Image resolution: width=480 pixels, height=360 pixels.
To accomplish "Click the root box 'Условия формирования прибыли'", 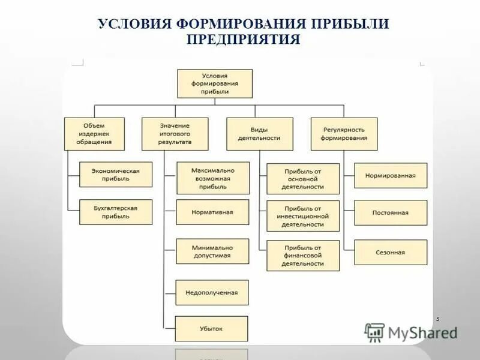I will point(215,83).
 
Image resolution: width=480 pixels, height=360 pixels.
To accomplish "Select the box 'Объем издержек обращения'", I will point(94,133).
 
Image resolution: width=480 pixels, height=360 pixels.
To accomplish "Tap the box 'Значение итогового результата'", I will point(175,133).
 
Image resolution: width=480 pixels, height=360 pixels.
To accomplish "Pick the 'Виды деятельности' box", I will point(260,133).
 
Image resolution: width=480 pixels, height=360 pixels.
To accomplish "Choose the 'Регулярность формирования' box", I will point(344,133).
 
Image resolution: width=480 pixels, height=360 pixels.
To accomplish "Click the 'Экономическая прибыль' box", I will point(116,175).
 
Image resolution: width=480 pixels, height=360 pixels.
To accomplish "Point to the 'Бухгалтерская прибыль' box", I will point(116,212).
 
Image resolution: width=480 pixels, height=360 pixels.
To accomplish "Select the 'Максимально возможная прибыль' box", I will point(212,178).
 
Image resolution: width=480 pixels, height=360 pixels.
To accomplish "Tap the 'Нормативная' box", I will point(212,212).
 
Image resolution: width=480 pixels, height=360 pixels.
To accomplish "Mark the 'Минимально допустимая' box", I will point(212,251).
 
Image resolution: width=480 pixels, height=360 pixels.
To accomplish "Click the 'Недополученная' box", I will point(212,292).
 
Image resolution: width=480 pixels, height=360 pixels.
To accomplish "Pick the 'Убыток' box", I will point(212,329).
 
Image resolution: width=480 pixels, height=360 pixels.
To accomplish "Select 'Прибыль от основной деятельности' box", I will point(303,179).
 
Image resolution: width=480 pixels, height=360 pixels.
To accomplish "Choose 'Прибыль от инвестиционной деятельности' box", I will point(303,216).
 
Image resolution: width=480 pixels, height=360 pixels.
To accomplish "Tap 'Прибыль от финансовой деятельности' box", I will point(303,255).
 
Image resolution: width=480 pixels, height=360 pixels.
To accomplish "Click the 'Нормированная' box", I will point(391,175).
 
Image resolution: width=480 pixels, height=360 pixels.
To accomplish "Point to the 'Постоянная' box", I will point(391,212).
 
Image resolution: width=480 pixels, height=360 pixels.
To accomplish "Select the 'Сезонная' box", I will point(391,252).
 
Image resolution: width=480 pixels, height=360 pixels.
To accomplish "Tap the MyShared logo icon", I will point(374,332).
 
